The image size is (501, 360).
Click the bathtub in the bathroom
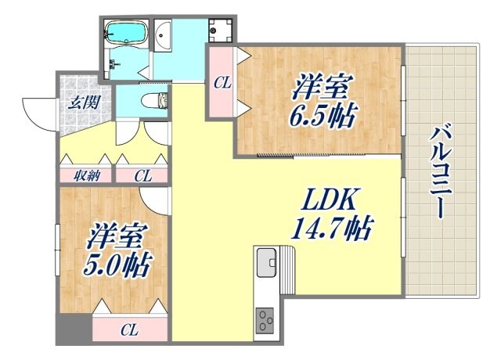point(126,33)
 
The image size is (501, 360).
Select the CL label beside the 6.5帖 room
point(222,81)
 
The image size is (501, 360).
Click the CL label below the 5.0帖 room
point(131,329)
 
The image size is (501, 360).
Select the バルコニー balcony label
point(439,172)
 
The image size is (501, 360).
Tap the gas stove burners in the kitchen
point(265,319)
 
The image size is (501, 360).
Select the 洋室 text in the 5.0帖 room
point(117,235)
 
